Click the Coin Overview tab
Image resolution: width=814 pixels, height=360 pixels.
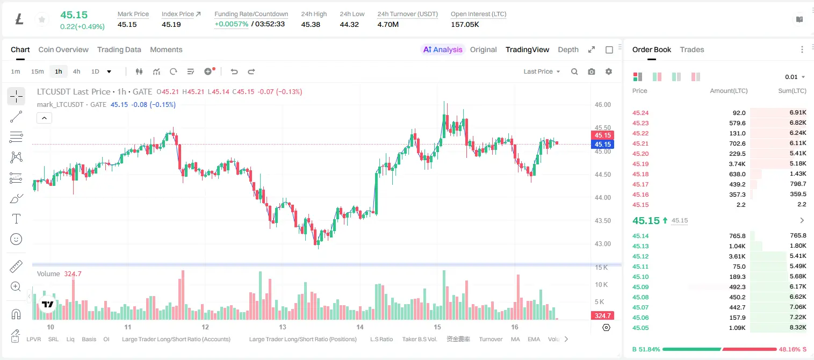tap(63, 49)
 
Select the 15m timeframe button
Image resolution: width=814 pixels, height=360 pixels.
tap(38, 71)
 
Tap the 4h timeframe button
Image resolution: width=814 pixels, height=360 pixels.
tap(76, 71)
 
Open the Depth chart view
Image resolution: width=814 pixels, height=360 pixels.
tap(568, 49)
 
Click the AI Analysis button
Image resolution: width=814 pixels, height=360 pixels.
tap(443, 49)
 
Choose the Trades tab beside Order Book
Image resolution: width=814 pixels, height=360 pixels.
tap(692, 49)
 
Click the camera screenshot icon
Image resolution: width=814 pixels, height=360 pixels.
tap(592, 71)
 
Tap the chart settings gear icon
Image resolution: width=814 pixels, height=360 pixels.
tap(609, 71)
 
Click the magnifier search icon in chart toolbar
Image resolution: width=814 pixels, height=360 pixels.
tap(574, 71)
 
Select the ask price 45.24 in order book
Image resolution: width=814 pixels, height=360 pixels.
tap(640, 113)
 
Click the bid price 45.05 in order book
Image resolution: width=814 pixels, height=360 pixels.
tap(640, 328)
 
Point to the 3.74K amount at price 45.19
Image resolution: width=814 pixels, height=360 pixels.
tap(737, 164)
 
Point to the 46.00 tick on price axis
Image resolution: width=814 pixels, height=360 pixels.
tap(602, 105)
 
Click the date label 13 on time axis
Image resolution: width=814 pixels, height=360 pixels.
tap(283, 327)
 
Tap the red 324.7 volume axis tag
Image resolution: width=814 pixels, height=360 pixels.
tap(602, 316)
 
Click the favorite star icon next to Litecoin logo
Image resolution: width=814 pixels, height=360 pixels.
tap(42, 19)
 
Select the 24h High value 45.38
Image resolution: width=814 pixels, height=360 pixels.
tap(311, 24)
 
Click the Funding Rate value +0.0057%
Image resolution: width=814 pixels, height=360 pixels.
tap(232, 24)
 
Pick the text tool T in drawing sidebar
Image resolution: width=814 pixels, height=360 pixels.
tap(16, 219)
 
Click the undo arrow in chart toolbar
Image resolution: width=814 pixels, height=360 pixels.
tap(234, 71)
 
